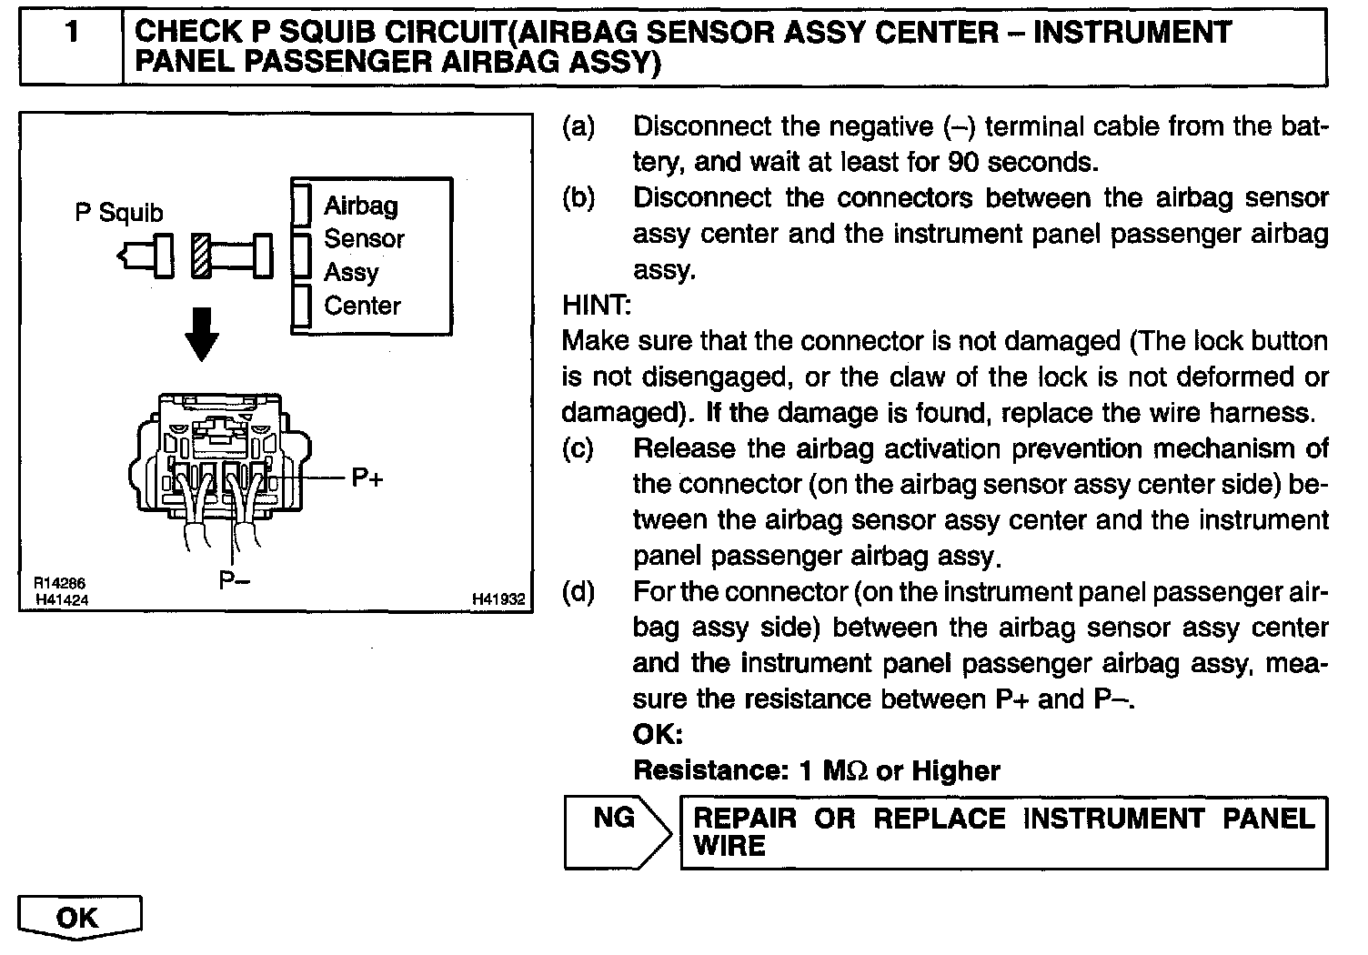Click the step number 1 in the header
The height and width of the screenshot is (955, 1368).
point(71,34)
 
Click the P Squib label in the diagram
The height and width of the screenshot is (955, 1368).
point(119,213)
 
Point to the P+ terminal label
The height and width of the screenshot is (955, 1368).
point(367,477)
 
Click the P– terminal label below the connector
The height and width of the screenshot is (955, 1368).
point(235,579)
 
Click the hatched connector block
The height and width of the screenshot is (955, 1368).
point(201,255)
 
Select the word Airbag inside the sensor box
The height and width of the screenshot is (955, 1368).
point(361,206)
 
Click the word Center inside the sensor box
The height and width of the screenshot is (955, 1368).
point(362,306)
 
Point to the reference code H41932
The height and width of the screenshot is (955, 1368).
point(498,599)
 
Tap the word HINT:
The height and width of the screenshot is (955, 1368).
point(597,305)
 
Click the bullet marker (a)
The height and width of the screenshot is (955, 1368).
point(578,126)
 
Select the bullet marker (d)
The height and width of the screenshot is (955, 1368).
point(578,592)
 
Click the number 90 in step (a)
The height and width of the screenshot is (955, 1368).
point(962,162)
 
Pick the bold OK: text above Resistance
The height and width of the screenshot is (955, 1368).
point(658,734)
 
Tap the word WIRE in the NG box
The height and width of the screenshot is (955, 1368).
point(729,846)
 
